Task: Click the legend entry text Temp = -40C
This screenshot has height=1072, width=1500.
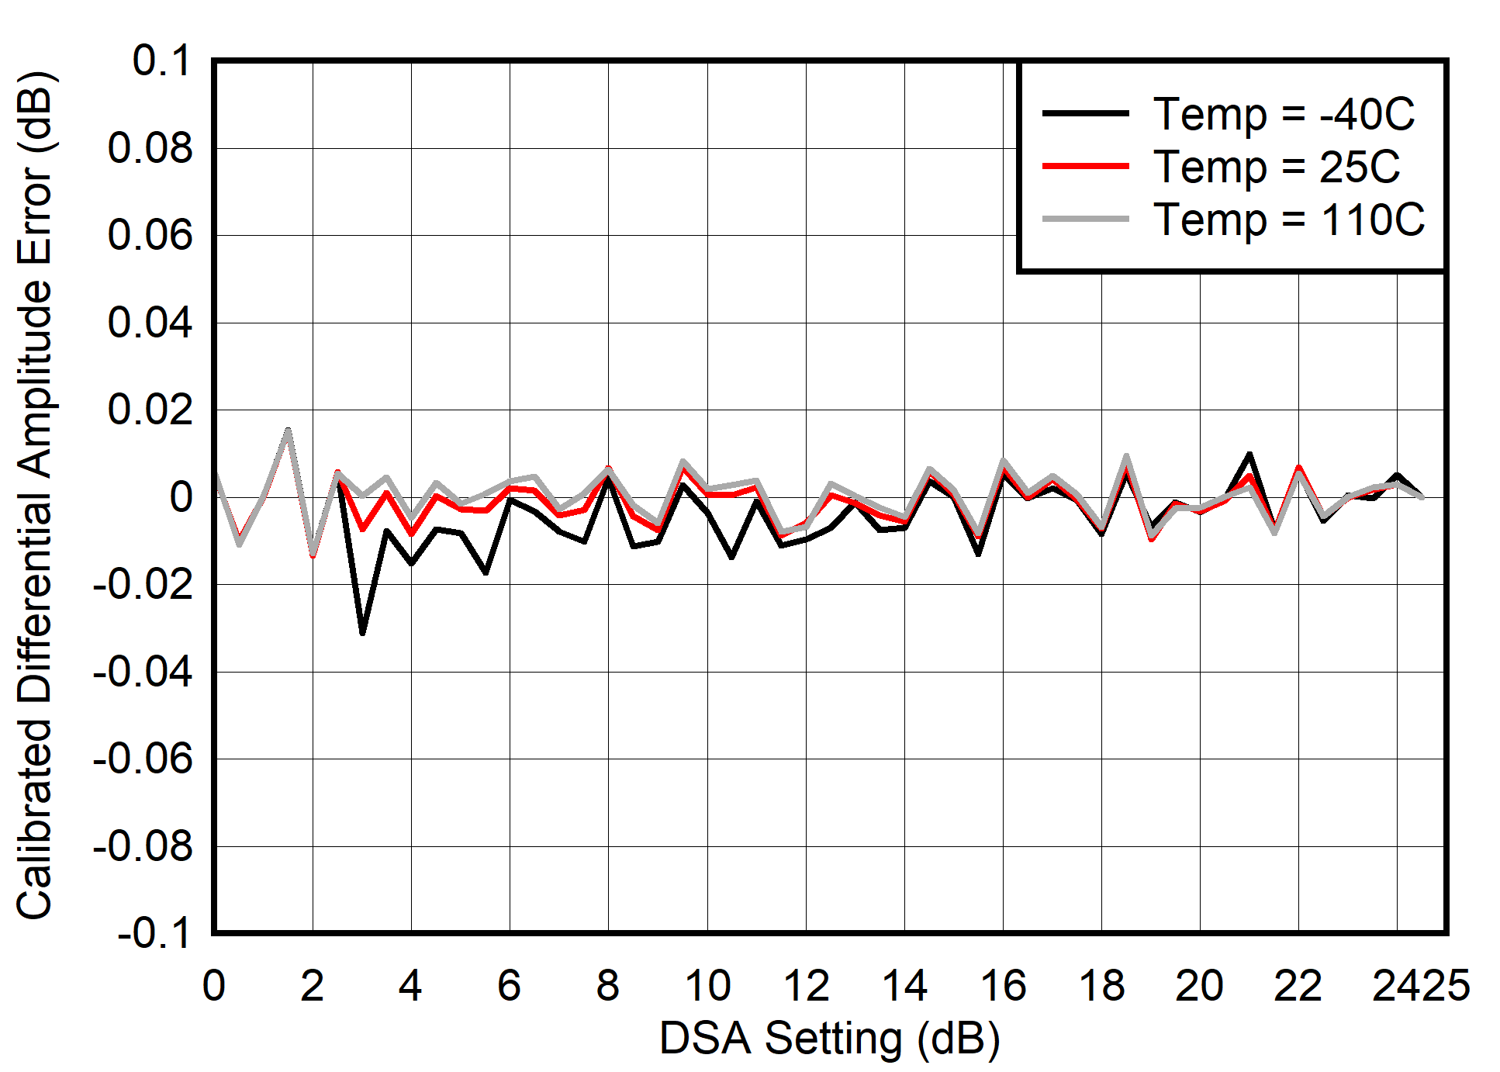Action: (1284, 114)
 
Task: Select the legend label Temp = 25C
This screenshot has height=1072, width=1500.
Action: (1277, 167)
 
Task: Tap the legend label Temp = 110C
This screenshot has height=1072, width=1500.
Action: (1289, 220)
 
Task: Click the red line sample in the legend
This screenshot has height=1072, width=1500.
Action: (1085, 166)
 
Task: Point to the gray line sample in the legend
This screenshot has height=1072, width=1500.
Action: (1085, 220)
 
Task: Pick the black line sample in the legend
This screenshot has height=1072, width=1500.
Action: (1085, 113)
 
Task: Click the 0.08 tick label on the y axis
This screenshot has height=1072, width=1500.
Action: (150, 148)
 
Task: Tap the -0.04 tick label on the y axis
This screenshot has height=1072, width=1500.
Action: (143, 672)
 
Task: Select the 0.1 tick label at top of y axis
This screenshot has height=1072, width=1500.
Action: (161, 61)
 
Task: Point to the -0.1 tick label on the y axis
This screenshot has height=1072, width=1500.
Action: (154, 933)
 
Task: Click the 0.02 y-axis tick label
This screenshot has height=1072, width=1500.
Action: (150, 410)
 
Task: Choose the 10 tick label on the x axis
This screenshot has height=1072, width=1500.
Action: (707, 986)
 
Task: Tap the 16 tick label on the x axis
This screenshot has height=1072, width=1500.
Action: (1003, 986)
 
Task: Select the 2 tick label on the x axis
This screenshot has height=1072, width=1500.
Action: (313, 986)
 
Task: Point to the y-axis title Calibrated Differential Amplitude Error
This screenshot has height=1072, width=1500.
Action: (34, 496)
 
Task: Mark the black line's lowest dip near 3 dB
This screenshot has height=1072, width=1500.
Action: (362, 633)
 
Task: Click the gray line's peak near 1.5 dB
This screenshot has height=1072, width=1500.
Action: (288, 431)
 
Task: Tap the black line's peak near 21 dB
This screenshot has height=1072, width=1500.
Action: (1249, 454)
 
